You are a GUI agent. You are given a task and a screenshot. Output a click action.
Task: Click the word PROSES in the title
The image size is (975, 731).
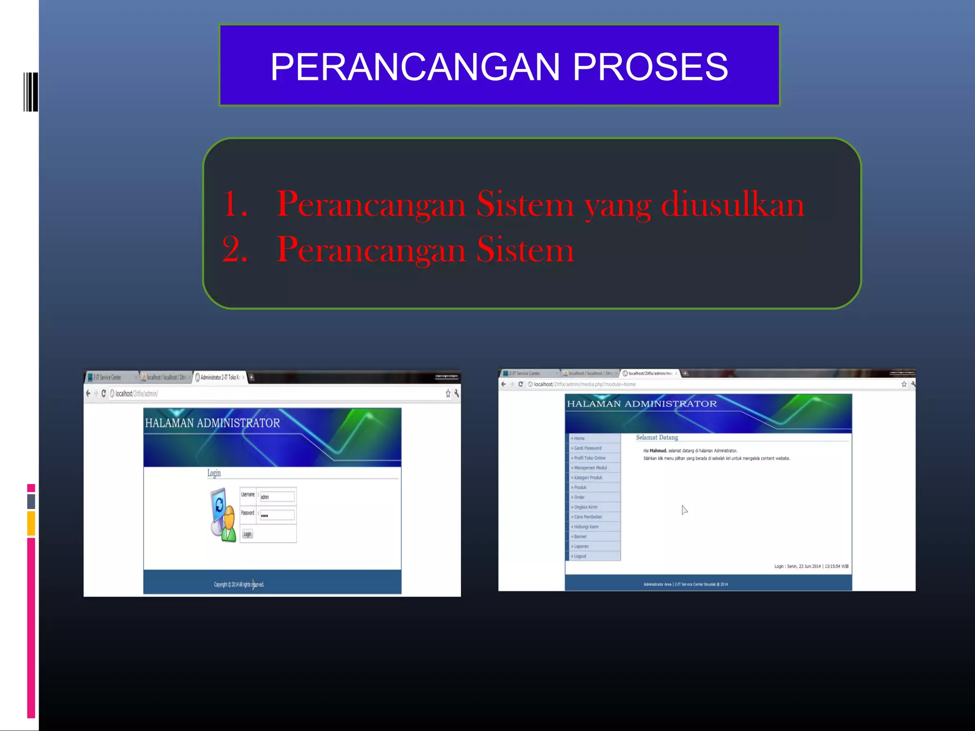650,67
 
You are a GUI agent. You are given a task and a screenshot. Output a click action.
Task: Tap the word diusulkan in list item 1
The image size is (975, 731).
732,205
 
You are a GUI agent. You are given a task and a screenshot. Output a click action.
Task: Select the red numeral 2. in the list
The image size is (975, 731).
235,249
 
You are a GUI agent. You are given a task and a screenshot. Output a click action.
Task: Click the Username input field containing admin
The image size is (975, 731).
277,496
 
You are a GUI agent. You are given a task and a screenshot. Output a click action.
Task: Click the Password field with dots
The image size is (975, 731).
277,515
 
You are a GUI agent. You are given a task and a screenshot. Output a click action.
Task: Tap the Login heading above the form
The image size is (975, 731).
214,473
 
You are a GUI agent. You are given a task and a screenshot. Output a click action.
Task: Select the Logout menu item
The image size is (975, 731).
580,556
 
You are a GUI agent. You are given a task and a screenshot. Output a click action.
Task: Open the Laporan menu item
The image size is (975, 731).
581,546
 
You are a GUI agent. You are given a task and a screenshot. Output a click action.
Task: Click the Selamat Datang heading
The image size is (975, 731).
657,437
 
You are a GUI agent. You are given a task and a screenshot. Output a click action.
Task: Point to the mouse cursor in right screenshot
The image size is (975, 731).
684,510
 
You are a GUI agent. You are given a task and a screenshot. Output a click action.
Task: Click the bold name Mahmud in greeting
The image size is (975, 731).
658,451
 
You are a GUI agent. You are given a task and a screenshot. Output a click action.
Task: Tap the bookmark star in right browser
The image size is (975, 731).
904,384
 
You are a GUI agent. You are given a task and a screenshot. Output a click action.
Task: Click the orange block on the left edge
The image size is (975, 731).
31,523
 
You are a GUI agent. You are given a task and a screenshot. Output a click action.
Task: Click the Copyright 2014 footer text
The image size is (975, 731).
239,584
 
